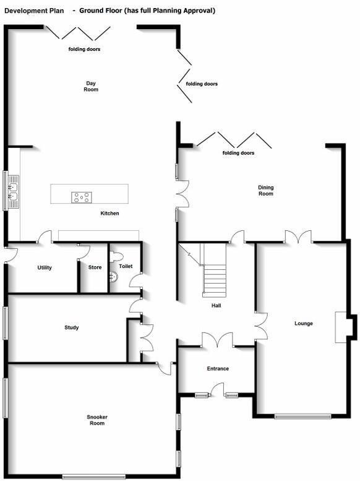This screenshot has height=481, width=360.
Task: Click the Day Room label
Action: tap(91, 86)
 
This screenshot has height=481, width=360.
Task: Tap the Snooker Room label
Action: tap(97, 420)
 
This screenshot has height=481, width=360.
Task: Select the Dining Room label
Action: tap(265, 191)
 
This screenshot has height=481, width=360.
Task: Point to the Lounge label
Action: tap(304, 323)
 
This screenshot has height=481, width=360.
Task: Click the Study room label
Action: tap(72, 327)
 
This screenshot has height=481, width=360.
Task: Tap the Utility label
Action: tap(45, 268)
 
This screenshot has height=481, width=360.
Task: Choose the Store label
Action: tap(95, 267)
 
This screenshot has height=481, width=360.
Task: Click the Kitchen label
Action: tap(109, 213)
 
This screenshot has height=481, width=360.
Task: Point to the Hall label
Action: tap(216, 306)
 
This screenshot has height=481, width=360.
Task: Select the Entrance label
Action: tap(218, 368)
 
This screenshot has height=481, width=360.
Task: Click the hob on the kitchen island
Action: tap(82, 197)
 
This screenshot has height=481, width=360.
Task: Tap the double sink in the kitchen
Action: tap(13, 192)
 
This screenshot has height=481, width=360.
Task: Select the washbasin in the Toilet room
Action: tap(113, 277)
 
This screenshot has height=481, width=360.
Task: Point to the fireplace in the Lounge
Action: tap(341, 327)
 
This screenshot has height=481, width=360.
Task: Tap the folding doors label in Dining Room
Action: tap(238, 153)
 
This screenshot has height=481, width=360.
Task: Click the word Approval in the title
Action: tap(199, 11)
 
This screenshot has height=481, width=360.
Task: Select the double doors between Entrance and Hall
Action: tap(217, 340)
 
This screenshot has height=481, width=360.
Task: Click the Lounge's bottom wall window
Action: tap(302, 416)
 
